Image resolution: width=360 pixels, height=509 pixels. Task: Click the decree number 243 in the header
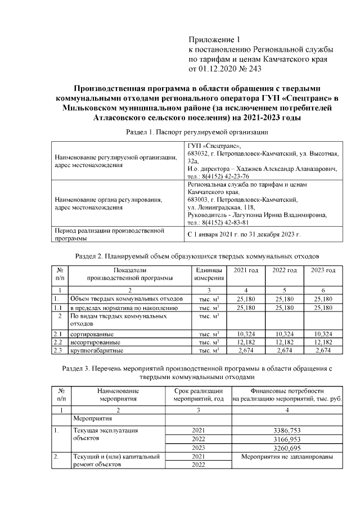[x=254, y=69]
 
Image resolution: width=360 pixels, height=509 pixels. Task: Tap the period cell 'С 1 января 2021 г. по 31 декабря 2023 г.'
[x=244, y=234]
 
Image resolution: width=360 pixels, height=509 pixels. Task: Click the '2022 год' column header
[x=284, y=271]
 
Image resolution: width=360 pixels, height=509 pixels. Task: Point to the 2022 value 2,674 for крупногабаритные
[x=284, y=350]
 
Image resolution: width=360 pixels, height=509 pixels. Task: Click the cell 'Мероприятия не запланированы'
[x=287, y=457]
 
